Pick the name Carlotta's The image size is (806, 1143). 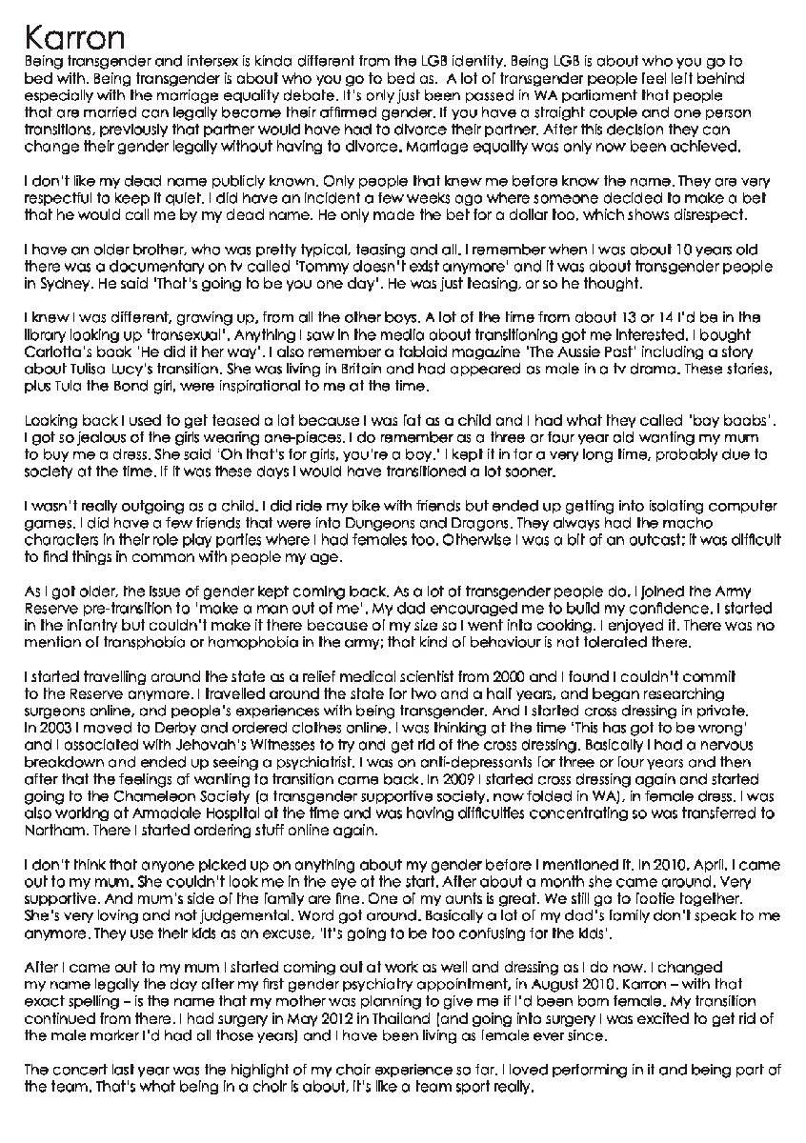[53, 349]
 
